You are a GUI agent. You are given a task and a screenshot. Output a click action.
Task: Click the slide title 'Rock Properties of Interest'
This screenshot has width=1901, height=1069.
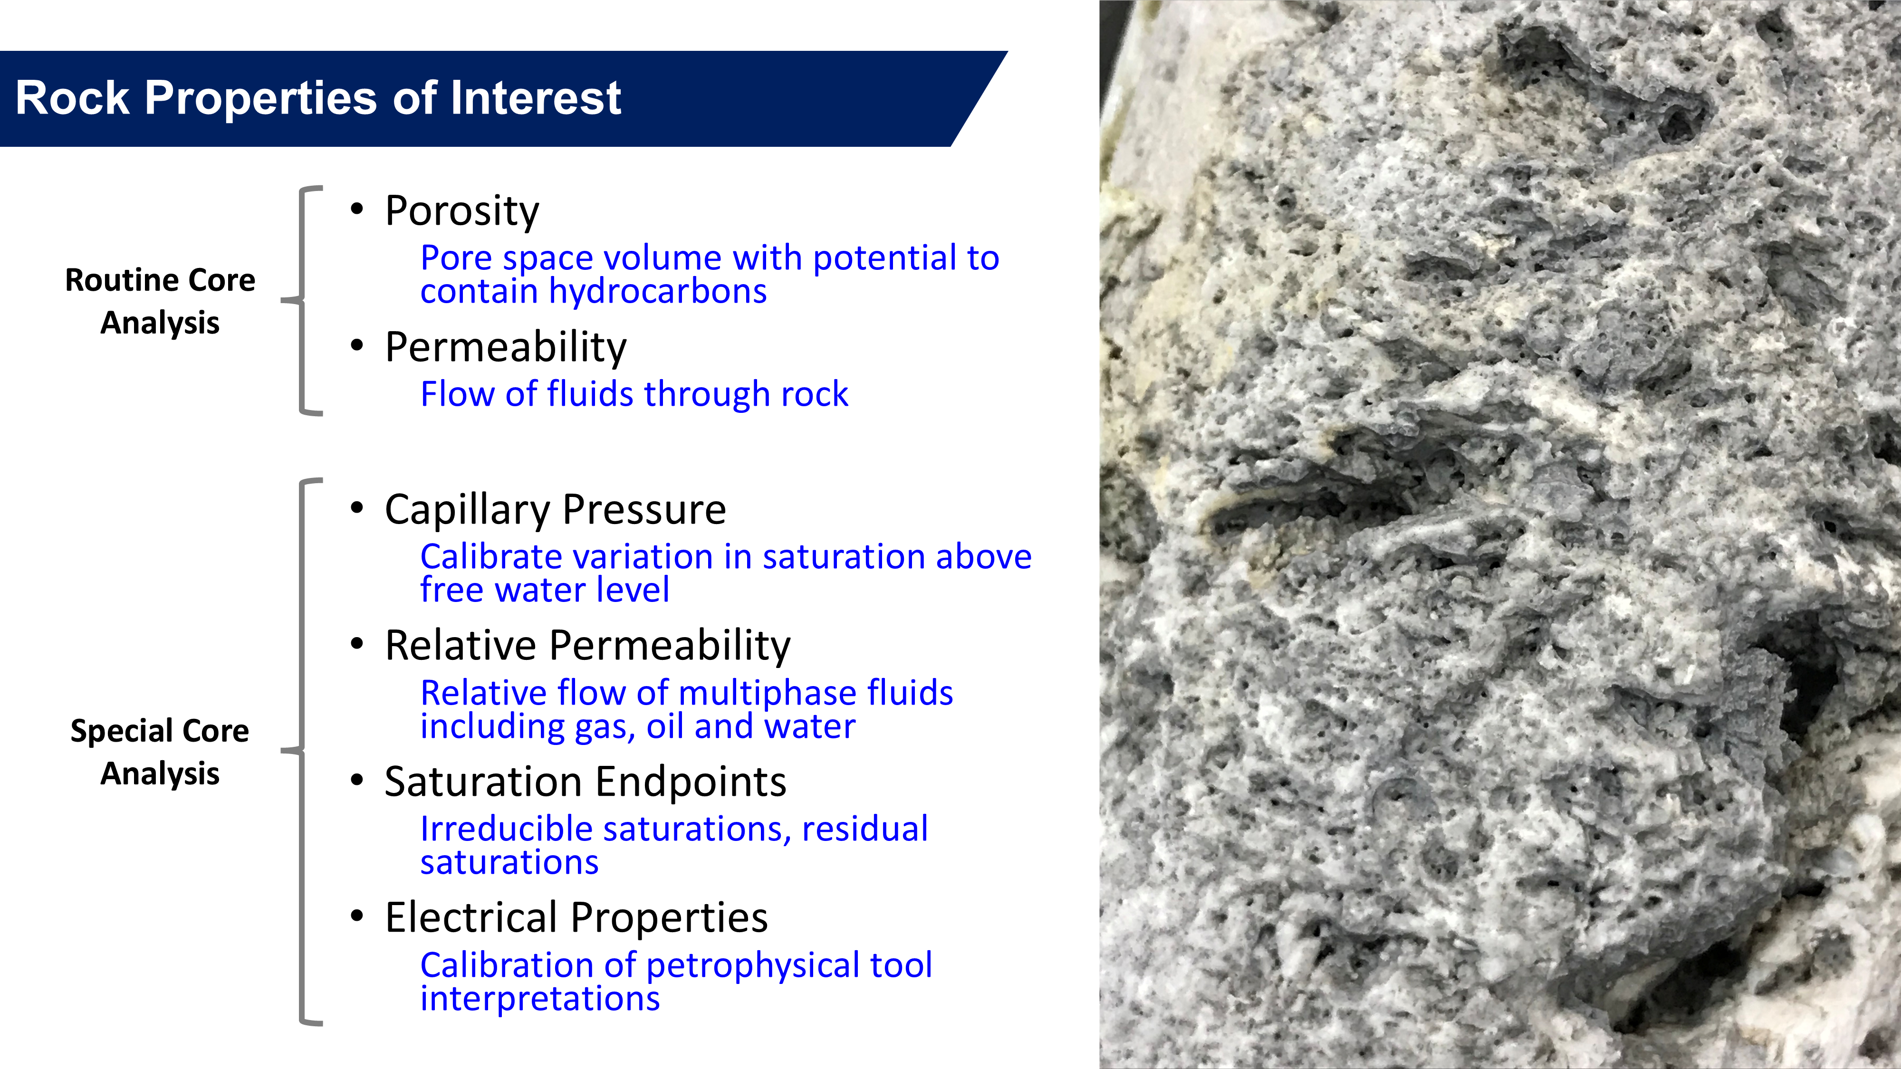(x=318, y=98)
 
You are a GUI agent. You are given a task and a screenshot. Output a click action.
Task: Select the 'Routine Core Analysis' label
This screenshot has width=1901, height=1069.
(x=160, y=301)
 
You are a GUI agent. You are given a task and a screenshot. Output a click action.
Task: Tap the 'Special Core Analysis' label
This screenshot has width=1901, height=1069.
(x=160, y=752)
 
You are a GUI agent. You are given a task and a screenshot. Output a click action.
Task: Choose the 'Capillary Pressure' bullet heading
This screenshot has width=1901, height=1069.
(x=555, y=510)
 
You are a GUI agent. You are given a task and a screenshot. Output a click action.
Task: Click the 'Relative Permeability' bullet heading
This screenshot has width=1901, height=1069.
(x=587, y=646)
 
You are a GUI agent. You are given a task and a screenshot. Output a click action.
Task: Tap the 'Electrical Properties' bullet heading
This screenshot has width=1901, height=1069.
(x=576, y=918)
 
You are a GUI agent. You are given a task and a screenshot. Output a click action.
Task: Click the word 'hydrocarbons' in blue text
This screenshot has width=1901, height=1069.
(x=658, y=291)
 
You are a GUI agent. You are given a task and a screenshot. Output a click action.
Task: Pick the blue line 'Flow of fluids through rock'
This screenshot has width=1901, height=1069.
(x=634, y=394)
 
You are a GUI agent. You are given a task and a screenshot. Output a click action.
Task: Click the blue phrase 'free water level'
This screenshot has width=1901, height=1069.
(x=545, y=590)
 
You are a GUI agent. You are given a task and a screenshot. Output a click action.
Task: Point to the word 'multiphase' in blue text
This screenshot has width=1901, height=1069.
(x=768, y=694)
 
